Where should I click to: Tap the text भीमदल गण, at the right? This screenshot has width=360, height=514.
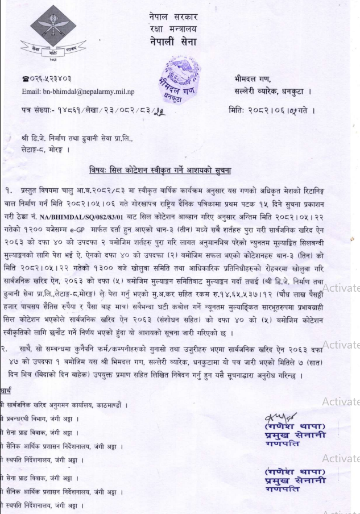point(253,79)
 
